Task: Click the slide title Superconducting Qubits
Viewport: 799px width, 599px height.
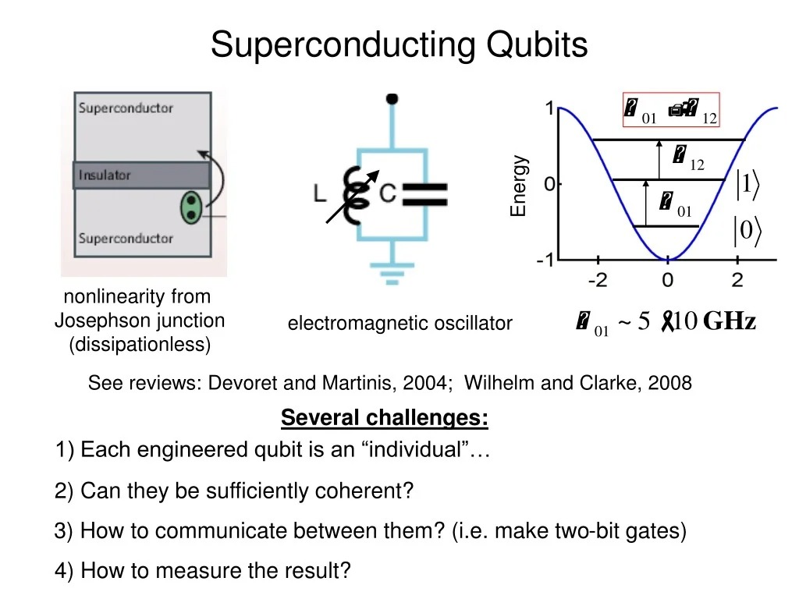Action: (399, 44)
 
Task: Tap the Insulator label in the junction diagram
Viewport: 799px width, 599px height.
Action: (104, 175)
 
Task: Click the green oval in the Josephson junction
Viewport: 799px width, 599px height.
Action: (190, 208)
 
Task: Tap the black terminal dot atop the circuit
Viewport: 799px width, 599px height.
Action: (392, 98)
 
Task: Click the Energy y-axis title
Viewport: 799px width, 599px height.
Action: (519, 186)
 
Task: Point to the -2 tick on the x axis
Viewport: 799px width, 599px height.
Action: (598, 279)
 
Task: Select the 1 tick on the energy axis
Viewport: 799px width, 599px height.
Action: (549, 108)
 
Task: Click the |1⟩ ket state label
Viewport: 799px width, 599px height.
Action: (748, 184)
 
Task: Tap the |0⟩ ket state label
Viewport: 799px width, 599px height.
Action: (747, 231)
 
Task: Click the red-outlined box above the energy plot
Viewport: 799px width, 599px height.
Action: (670, 110)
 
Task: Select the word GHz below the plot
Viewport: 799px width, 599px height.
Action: (730, 321)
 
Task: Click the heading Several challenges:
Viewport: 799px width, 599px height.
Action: (384, 418)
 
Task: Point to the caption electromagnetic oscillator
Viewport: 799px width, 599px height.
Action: (399, 323)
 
